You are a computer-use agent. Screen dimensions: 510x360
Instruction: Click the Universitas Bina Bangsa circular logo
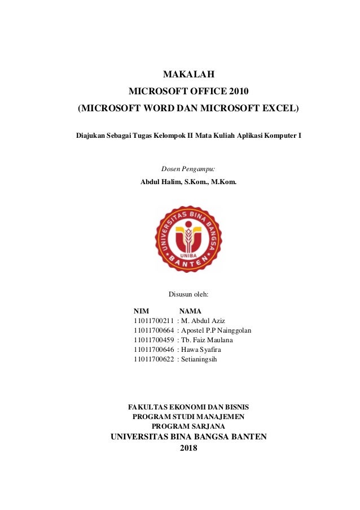pyautogui.click(x=188, y=239)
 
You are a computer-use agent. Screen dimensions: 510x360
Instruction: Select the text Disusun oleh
pyautogui.click(x=188, y=294)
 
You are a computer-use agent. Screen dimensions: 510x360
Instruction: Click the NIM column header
pyautogui.click(x=142, y=311)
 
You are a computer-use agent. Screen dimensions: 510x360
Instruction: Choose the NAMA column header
pyautogui.click(x=190, y=311)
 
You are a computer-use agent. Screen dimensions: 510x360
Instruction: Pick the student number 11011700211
pyautogui.click(x=154, y=321)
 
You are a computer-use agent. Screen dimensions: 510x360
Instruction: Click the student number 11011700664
pyautogui.click(x=154, y=330)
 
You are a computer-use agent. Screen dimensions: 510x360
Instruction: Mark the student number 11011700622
pyautogui.click(x=154, y=359)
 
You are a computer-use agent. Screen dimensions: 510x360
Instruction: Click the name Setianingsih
pyautogui.click(x=199, y=359)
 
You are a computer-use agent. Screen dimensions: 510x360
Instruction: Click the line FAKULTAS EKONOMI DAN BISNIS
pyautogui.click(x=188, y=407)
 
